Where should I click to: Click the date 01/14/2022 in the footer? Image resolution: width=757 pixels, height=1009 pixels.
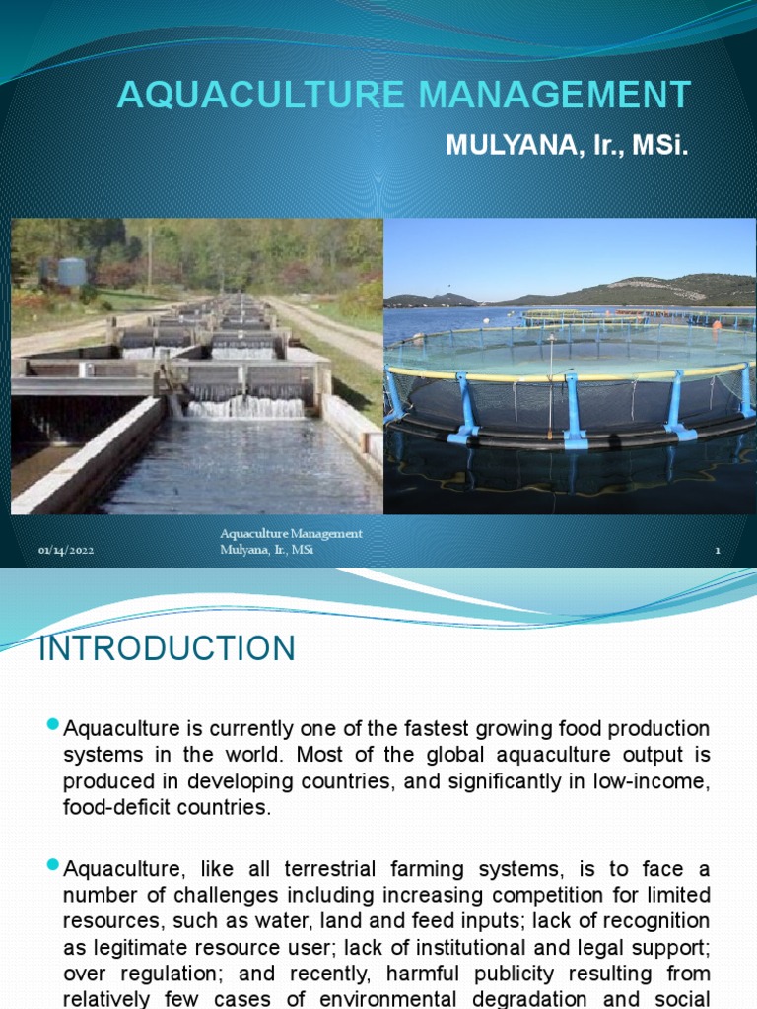pos(66,551)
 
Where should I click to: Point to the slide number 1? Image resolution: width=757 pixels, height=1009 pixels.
pos(718,551)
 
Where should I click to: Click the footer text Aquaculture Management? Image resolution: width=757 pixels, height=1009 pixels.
pos(291,534)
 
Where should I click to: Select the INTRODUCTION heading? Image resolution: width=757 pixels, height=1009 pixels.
pos(167,649)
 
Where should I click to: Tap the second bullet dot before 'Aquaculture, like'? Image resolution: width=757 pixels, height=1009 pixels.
pos(54,867)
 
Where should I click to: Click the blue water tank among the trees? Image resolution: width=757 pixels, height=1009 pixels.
pos(72,271)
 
